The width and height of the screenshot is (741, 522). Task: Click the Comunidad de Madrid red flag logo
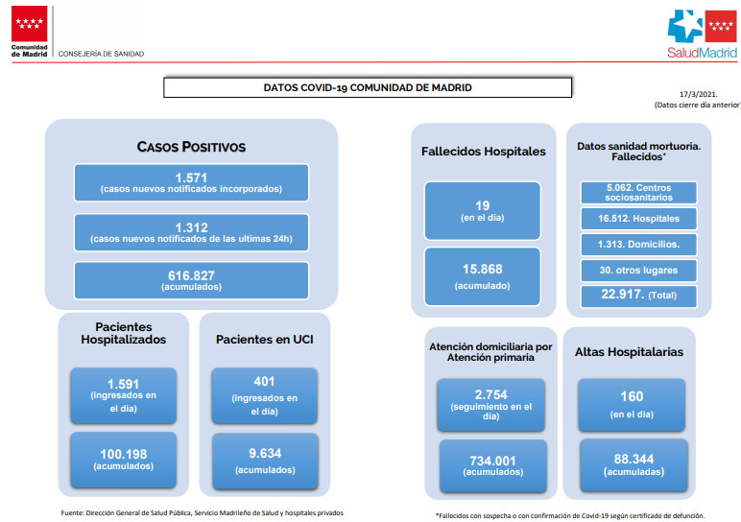30,24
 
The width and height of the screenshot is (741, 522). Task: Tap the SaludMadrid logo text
702,53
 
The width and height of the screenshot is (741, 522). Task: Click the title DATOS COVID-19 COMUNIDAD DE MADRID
368,87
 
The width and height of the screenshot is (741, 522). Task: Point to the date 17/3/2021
699,94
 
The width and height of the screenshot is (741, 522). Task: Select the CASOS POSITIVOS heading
191,147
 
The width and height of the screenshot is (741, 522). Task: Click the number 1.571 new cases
191,178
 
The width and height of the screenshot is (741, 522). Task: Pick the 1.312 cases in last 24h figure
191,227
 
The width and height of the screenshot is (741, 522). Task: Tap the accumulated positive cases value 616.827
191,275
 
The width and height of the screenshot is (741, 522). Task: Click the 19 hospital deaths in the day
483,205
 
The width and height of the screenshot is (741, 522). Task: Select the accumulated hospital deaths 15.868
483,270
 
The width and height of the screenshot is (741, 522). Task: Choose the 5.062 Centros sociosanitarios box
639,193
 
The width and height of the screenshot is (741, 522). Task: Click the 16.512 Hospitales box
639,219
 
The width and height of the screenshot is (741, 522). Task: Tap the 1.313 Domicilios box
639,245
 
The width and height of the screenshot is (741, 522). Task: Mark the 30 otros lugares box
639,271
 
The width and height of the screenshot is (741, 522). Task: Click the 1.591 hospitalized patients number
124,384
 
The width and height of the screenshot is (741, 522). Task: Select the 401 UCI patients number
264,381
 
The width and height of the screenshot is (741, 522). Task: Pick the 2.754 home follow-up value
491,394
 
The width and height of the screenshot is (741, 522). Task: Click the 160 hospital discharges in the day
632,396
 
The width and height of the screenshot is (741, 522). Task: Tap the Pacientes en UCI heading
265,340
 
